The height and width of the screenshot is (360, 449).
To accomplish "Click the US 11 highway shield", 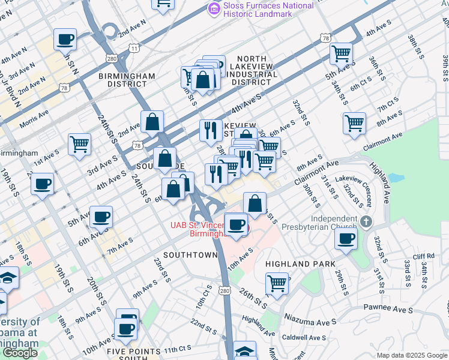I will tap(134, 47).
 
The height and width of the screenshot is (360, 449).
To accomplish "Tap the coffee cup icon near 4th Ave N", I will tap(65, 40).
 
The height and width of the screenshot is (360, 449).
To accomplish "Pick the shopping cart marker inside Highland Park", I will tap(277, 283).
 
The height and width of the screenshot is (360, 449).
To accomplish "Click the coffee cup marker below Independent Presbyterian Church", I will tap(346, 238).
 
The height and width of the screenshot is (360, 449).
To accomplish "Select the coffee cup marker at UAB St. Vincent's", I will tap(237, 224).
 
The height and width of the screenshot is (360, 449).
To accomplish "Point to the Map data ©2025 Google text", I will tap(412, 355).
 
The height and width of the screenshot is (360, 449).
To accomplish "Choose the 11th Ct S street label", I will tap(177, 349).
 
